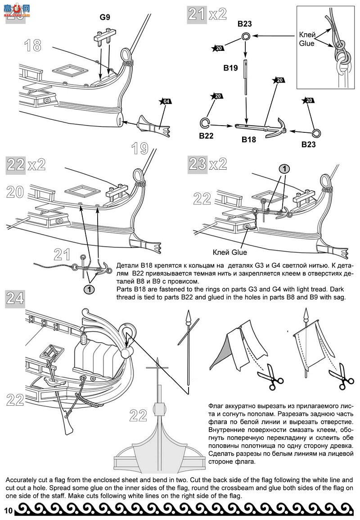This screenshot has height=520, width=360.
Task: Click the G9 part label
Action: pos(105,18)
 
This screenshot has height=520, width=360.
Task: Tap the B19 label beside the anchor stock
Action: pos(230,68)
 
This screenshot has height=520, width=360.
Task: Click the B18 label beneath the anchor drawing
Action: pos(248,140)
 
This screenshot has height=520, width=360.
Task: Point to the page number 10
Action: pos(8,510)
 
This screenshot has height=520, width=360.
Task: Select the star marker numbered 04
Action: pos(165,101)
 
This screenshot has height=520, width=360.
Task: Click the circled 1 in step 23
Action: pos(284,169)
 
